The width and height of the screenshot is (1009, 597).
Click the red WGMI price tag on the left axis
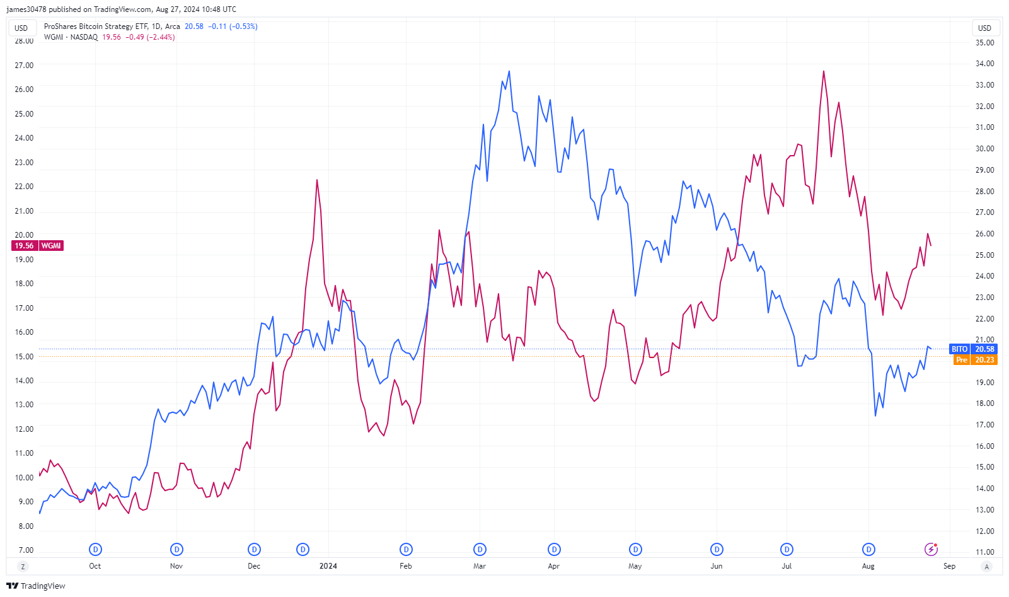(38, 246)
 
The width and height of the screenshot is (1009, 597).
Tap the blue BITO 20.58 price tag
(973, 349)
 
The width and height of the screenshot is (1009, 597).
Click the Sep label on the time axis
(949, 566)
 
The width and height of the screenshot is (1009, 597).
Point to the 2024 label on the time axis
(328, 566)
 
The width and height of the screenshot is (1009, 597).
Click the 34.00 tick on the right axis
(984, 64)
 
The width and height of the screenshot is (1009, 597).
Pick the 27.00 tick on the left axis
(24, 66)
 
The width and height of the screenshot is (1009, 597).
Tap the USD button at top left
(21, 28)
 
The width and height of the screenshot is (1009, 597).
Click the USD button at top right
(984, 28)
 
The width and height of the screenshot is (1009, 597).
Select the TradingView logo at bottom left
(36, 586)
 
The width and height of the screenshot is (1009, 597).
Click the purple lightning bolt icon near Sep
(931, 549)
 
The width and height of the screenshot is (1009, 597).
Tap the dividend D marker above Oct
(95, 549)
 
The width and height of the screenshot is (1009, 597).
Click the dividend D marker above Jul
(787, 549)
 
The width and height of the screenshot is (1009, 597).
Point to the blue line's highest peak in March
(509, 71)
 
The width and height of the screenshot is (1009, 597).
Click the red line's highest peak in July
(824, 71)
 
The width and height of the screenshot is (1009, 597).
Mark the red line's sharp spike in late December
(317, 180)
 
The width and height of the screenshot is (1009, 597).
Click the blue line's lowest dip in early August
(875, 415)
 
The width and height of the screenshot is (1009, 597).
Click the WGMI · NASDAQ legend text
(71, 37)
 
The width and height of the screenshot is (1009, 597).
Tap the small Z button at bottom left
(23, 566)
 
